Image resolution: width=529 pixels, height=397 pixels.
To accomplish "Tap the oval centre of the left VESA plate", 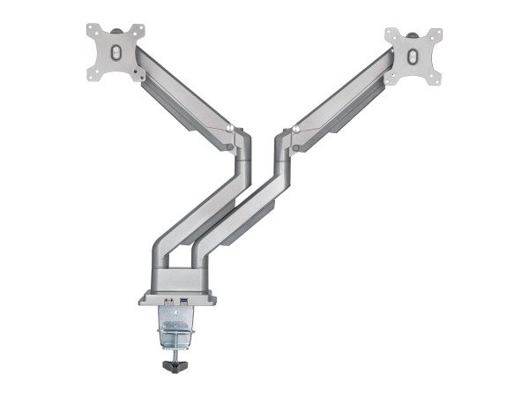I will (115, 52).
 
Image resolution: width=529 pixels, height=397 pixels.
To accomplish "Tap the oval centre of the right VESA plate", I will (414, 56).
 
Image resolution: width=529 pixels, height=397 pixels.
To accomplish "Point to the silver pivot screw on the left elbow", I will (231, 129).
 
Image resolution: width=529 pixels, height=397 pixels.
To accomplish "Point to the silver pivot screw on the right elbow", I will (297, 131).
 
